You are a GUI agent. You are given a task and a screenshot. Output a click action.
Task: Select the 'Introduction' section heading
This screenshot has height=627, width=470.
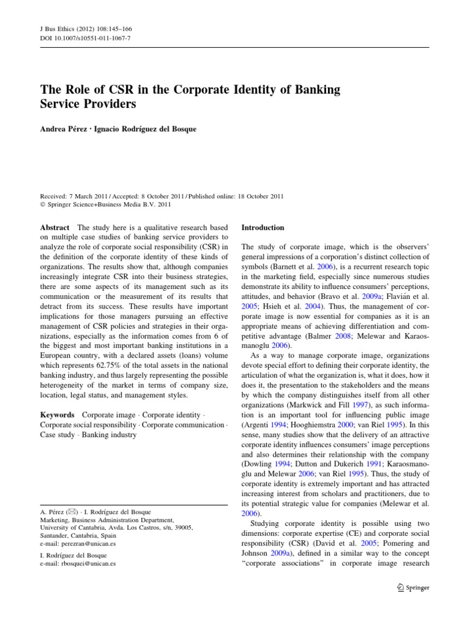[263, 228]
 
